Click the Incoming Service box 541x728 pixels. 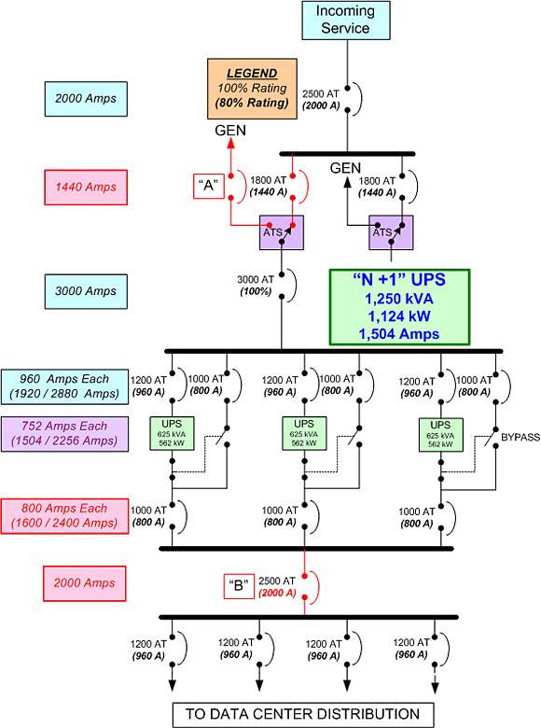346,20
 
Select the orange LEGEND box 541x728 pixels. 252,89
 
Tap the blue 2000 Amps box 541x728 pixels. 86,99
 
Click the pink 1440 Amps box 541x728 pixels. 86,187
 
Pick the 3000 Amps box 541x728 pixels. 86,291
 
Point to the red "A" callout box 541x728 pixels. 209,186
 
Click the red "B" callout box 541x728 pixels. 239,586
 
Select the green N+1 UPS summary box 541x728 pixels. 399,307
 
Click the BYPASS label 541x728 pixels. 520,438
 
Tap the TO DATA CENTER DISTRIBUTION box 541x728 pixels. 303,714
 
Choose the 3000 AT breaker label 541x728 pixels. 256,279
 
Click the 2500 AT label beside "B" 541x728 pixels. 276,581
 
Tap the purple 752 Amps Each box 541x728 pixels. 64,434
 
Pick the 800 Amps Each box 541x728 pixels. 64,516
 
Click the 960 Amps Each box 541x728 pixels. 64,386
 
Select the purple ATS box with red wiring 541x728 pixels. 282,232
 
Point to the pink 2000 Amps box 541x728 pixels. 85,583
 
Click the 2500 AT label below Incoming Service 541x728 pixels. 321,93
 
